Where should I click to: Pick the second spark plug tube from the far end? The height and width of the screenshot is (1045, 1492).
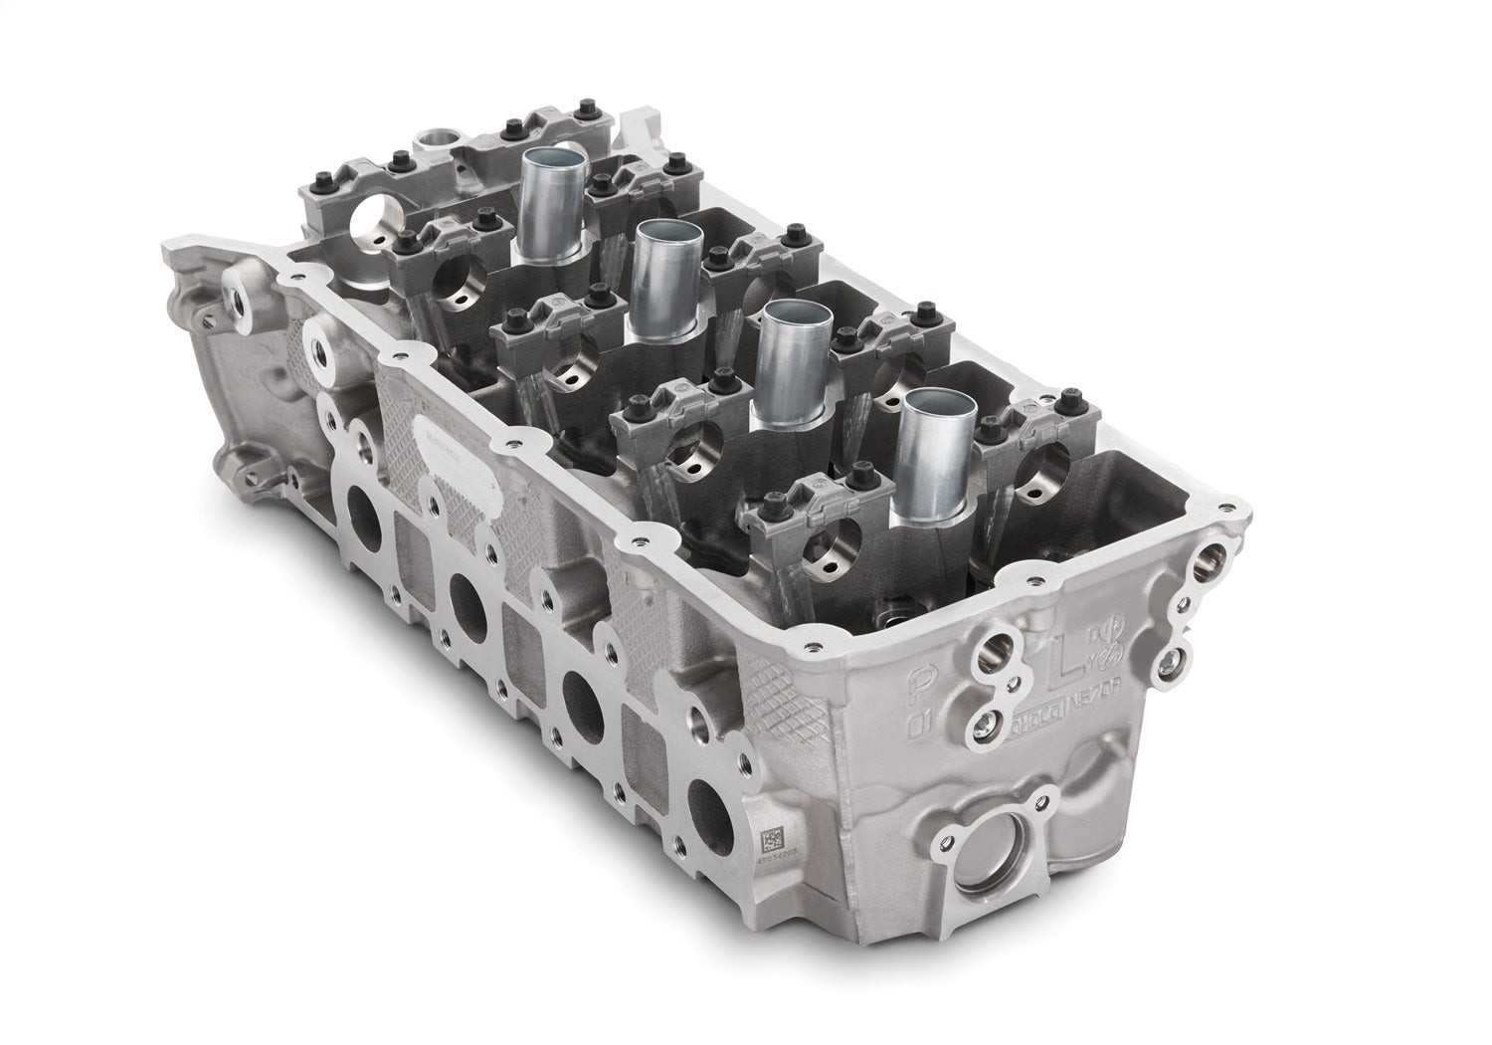click(659, 274)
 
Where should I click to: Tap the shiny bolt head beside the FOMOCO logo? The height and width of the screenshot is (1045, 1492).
click(985, 725)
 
